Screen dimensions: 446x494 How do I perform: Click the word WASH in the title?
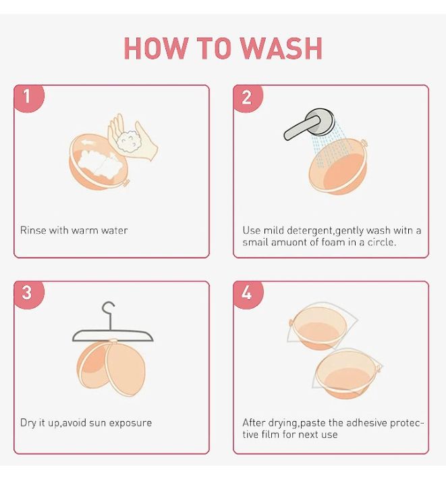pos(281,48)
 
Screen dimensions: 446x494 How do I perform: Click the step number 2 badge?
pos(248,98)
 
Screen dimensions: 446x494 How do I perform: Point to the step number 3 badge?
pos(29,294)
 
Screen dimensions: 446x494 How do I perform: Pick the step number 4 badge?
pos(248,294)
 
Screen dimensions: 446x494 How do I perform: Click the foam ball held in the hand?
pos(130,143)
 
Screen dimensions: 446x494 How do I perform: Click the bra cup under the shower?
pos(337,167)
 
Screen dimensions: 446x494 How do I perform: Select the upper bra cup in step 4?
pos(318,328)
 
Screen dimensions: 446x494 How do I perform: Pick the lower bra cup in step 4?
pos(347,373)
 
